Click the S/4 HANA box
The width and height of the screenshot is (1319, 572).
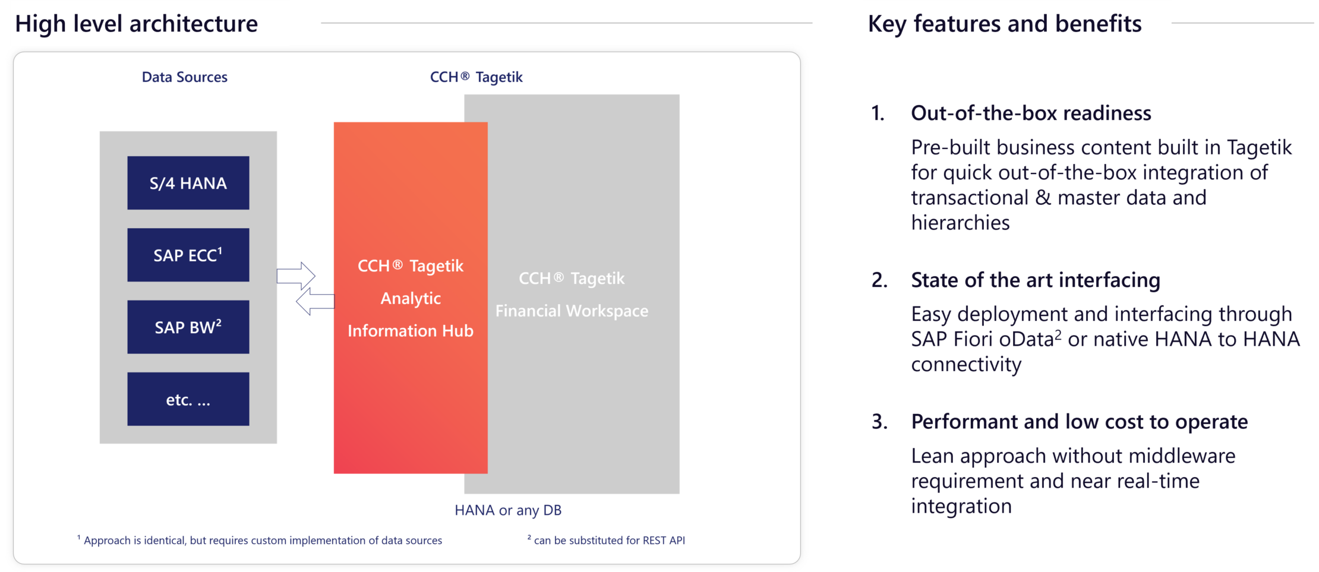coord(188,183)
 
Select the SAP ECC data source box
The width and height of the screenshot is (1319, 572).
coord(188,255)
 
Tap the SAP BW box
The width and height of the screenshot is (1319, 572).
coord(188,327)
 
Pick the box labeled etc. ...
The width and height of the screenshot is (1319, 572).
coord(188,399)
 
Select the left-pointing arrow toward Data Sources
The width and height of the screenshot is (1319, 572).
coord(315,301)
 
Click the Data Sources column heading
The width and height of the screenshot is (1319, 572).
coord(184,77)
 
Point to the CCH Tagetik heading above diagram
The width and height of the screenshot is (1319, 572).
coord(476,77)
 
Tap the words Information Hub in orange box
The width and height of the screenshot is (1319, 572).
coord(410,331)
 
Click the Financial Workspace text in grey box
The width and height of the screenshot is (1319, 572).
coord(572,311)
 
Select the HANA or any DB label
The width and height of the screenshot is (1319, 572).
coord(507,510)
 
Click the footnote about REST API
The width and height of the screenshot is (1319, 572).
coord(607,541)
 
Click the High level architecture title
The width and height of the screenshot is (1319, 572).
coord(137,24)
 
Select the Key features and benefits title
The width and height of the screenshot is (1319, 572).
coord(1004,24)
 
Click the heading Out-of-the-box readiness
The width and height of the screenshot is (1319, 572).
coord(1030,113)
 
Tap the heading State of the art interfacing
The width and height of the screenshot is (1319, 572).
coord(1035,280)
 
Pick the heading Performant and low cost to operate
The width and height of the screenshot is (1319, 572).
coord(1079,422)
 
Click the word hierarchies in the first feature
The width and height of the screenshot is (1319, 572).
coord(960,223)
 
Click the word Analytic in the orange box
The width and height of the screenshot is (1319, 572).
coord(410,298)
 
